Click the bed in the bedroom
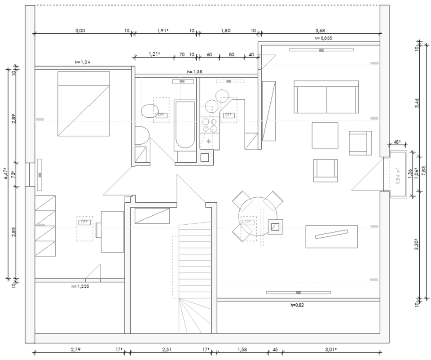[84, 103]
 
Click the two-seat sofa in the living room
[326, 97]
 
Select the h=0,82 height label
[298, 305]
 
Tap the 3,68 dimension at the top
[320, 31]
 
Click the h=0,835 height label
[323, 39]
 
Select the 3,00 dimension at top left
[80, 31]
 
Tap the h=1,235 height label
[80, 286]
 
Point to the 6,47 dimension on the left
[5, 173]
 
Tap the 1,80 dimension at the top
[226, 31]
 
